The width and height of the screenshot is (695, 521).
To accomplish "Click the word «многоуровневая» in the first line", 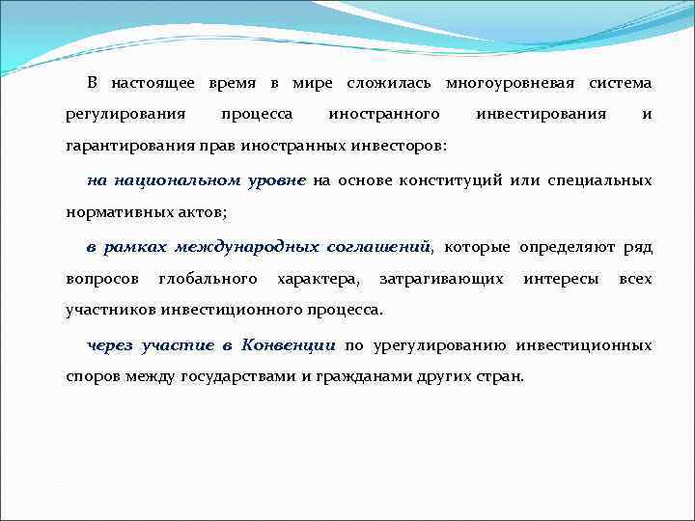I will (x=513, y=84).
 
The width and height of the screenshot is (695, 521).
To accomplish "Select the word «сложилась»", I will (x=391, y=84).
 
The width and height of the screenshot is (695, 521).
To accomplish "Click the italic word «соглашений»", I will (x=379, y=247).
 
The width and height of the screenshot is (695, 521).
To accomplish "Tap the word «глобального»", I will (x=207, y=279).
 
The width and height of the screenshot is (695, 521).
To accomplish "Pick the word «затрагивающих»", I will (x=441, y=279).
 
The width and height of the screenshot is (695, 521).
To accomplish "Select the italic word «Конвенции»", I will (x=289, y=344).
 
